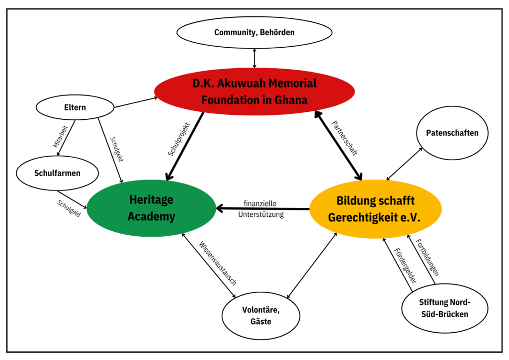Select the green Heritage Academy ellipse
(151, 208)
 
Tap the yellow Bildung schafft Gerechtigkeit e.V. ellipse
(375, 209)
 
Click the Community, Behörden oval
(254, 32)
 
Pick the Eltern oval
(75, 107)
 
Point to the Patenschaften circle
(452, 133)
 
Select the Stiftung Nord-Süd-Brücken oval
(437, 308)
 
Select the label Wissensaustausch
(218, 264)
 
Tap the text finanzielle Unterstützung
(261, 209)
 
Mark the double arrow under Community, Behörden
(254, 58)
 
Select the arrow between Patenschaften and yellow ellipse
(403, 165)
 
